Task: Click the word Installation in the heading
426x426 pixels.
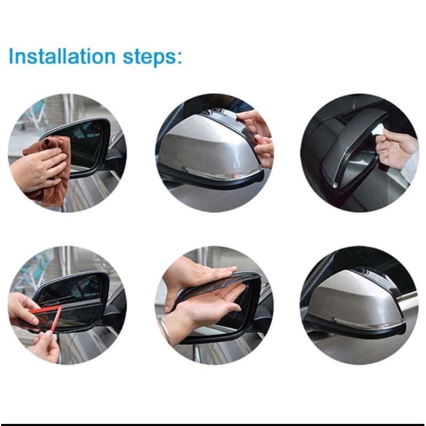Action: tap(62, 56)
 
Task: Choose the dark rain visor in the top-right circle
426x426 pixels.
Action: tap(353, 152)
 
